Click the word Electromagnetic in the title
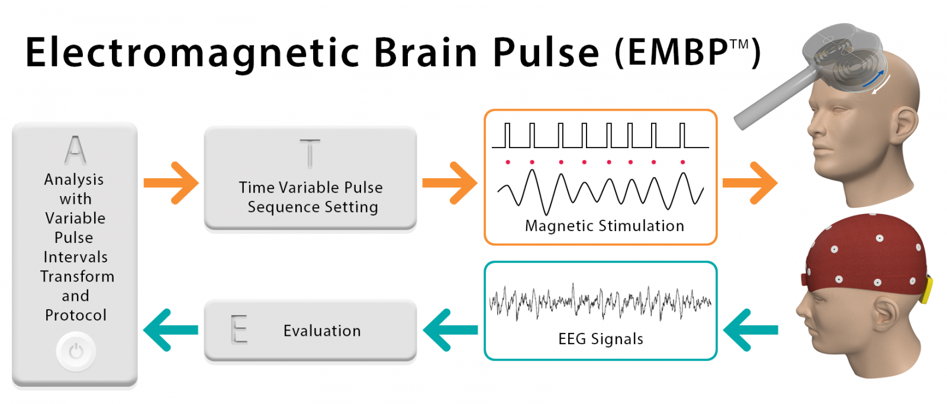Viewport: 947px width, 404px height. pos(192,53)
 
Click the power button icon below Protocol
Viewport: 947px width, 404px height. pos(76,352)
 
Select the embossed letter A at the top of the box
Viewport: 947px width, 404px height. pos(75,150)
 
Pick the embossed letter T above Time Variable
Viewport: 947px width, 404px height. pos(310,153)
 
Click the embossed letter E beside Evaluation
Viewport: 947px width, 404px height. pos(239,329)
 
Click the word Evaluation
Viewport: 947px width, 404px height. pos(322,331)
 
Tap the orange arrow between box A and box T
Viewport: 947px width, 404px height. pos(171,184)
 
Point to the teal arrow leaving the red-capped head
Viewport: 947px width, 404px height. pos(750,330)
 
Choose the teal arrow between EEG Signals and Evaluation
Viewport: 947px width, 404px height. pos(450,330)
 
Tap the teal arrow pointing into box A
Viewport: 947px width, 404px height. pos(170,330)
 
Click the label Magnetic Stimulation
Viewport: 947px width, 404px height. pos(604,226)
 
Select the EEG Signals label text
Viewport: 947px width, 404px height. pos(601,339)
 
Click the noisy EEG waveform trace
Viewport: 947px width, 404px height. pos(600,302)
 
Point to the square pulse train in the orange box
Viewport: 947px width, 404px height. pos(600,136)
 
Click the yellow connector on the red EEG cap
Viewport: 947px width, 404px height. pos(927,289)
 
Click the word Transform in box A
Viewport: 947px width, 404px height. pos(77,277)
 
